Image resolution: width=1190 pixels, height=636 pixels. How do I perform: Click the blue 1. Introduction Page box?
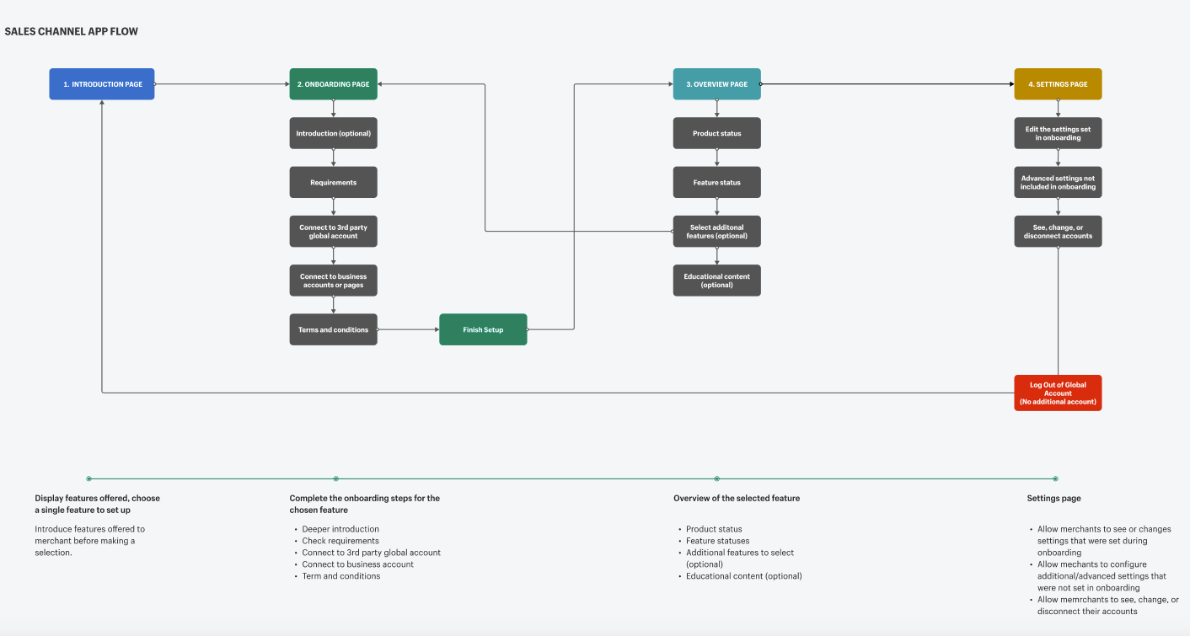pos(102,84)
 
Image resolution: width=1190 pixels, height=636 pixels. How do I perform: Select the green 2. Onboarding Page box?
pos(333,84)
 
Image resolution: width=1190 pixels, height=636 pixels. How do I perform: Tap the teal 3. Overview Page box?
pos(716,84)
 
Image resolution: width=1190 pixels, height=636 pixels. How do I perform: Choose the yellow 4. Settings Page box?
pos(1058,84)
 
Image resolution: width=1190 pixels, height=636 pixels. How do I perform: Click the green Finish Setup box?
pos(483,329)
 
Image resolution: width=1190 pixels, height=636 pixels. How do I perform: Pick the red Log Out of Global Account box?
pos(1058,393)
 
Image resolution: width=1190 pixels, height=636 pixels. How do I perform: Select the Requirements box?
pos(333,182)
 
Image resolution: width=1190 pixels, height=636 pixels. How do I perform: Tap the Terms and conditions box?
pos(333,329)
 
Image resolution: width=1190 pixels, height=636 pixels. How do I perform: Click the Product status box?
pos(716,133)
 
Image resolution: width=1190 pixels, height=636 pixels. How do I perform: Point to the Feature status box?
pos(716,182)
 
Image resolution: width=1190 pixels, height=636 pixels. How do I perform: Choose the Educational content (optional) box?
pos(716,281)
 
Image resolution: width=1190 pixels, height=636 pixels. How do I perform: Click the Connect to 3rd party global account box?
pos(333,232)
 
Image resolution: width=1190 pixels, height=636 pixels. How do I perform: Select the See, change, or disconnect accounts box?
pos(1058,232)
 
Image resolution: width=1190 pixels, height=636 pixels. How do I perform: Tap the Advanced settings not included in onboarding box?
pos(1058,182)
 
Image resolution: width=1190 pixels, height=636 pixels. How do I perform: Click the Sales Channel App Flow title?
pos(71,31)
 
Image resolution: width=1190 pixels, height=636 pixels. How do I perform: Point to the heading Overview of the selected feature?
pos(737,498)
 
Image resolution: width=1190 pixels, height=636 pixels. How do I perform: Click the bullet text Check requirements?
pos(340,541)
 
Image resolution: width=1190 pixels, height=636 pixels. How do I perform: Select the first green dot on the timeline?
pos(88,478)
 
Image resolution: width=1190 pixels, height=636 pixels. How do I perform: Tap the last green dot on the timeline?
pos(1056,478)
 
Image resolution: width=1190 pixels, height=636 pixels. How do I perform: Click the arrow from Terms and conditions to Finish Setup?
pos(408,329)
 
